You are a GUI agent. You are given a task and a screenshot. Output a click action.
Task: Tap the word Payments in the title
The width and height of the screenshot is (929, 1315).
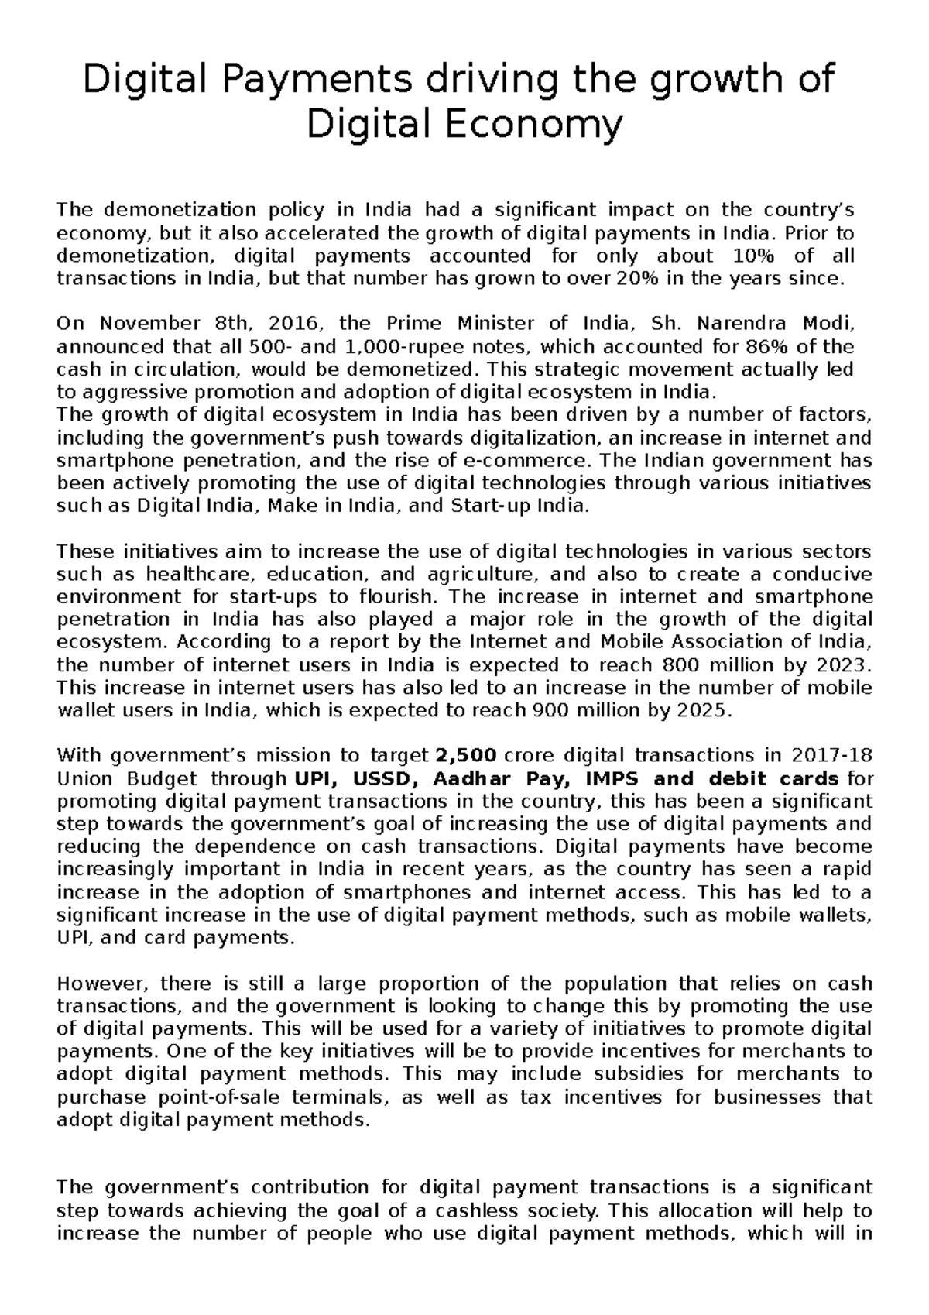click(x=286, y=80)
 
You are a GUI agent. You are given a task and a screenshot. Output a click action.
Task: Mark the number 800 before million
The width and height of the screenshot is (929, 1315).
click(x=678, y=665)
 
